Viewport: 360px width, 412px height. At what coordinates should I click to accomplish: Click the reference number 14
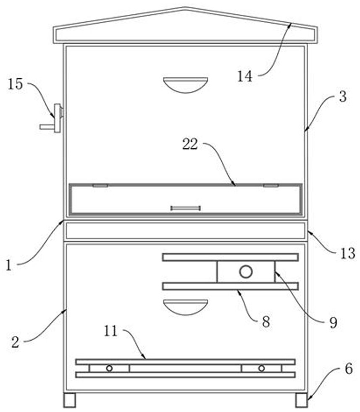click(245, 76)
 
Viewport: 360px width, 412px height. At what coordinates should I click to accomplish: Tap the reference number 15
click(15, 84)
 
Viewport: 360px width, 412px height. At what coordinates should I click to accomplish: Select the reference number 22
click(190, 144)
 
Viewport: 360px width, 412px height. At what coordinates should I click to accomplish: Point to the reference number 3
click(342, 97)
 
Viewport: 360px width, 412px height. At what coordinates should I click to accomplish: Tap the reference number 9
click(332, 322)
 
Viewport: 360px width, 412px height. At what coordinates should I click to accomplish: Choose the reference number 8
click(265, 322)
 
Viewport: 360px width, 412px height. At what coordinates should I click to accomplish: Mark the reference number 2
click(16, 342)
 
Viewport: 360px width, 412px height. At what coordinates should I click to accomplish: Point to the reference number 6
click(349, 370)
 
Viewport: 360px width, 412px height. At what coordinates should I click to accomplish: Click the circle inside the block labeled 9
click(246, 272)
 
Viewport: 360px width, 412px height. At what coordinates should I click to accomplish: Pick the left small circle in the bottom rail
click(109, 368)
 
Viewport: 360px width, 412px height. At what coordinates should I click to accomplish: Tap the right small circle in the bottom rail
click(261, 368)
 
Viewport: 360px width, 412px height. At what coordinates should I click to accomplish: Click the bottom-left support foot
click(70, 400)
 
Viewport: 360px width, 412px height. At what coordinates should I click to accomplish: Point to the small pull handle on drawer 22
click(185, 208)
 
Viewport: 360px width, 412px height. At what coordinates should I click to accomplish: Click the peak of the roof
click(185, 8)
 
